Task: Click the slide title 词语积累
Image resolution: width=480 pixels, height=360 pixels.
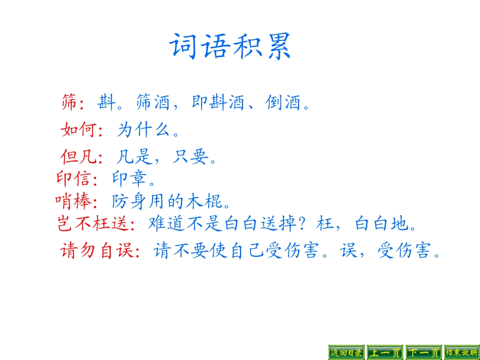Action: coord(230,47)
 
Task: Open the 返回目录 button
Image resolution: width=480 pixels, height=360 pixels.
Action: coord(347,352)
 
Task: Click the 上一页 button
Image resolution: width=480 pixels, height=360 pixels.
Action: coord(385,352)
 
